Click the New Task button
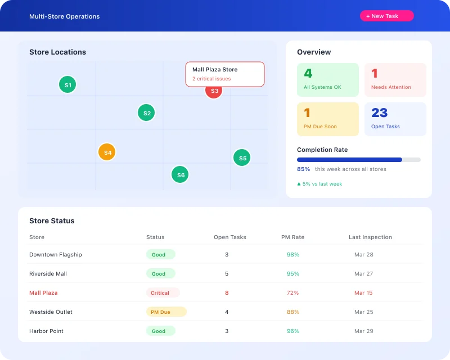(x=386, y=16)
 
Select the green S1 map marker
(x=67, y=85)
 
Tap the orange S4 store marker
(x=107, y=152)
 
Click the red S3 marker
(x=214, y=92)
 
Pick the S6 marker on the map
(x=180, y=175)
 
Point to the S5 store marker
(x=242, y=158)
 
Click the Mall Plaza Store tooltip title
(x=215, y=70)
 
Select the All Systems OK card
(x=328, y=79)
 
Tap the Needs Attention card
(x=395, y=79)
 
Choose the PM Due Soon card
(x=328, y=119)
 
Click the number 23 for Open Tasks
(x=380, y=113)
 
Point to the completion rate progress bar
(x=358, y=160)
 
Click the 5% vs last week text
(x=322, y=184)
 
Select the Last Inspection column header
(x=370, y=237)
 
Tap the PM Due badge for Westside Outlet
(x=166, y=312)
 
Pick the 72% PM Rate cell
(x=292, y=293)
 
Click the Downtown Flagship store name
(x=56, y=255)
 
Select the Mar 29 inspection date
(x=363, y=331)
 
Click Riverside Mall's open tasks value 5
(x=227, y=274)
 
